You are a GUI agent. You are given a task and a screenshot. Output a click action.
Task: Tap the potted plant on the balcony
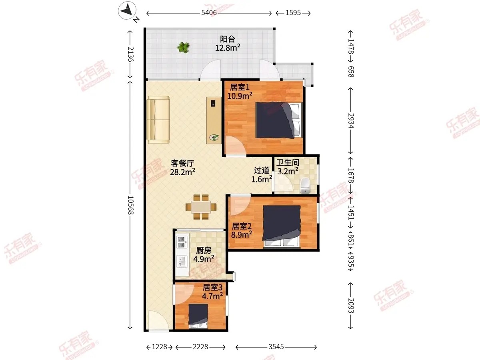coord(183,47)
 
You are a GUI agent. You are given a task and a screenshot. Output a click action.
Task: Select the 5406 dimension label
coord(209,13)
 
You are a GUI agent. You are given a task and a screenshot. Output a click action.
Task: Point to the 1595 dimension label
coord(293,13)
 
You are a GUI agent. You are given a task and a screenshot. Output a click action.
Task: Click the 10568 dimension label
coord(130,205)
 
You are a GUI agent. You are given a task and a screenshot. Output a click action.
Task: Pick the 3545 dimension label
coord(276,347)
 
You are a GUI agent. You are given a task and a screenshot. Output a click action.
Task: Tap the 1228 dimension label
coord(160,347)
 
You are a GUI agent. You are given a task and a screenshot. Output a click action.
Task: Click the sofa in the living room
coord(158,120)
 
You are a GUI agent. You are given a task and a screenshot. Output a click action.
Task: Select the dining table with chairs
coord(201,207)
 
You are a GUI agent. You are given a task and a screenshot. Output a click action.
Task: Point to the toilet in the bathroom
coord(305,185)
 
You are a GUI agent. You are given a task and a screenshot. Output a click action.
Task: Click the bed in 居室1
coord(279,120)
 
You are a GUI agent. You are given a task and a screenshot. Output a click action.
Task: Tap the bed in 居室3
coord(198,316)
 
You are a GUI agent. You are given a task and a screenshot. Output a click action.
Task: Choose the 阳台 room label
coord(228,39)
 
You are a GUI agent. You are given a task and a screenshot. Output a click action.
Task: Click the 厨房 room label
coord(204,250)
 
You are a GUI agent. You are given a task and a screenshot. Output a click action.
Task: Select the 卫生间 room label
coord(288,163)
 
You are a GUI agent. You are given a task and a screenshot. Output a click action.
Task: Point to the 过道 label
coord(262,170)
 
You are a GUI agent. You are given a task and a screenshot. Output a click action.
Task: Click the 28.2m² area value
coord(182,172)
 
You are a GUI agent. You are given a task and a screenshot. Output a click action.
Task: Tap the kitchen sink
coord(182,262)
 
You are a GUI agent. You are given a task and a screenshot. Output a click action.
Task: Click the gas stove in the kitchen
coord(182,242)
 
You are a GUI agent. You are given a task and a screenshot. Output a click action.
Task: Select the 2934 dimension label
coord(351,120)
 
